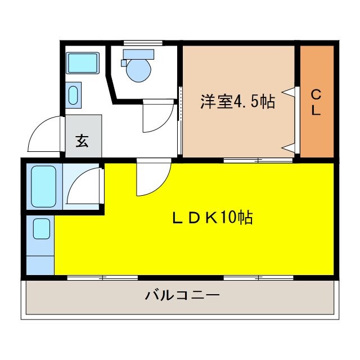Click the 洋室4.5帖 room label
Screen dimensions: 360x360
pyautogui.click(x=237, y=101)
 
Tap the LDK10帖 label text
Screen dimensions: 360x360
pyautogui.click(x=213, y=218)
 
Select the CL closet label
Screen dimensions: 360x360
pyautogui.click(x=316, y=102)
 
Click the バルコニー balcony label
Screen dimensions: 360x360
pyautogui.click(x=182, y=295)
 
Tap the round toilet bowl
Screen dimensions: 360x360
pyautogui.click(x=139, y=70)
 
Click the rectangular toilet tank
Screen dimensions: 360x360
pyautogui.click(x=138, y=55)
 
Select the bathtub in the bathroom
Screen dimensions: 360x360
pyautogui.click(x=44, y=186)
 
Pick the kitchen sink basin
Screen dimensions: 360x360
pyautogui.click(x=42, y=229)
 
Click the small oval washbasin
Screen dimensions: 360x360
pyautogui.click(x=73, y=95)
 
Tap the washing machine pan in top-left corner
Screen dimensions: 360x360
pyautogui.click(x=83, y=62)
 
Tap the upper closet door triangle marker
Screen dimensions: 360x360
pyautogui.click(x=289, y=92)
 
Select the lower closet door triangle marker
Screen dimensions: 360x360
pyautogui.click(x=289, y=147)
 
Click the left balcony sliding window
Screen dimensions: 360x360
pyautogui.click(x=102, y=278)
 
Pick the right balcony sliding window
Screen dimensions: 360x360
pyautogui.click(x=259, y=278)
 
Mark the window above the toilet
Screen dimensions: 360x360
pyautogui.click(x=143, y=43)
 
